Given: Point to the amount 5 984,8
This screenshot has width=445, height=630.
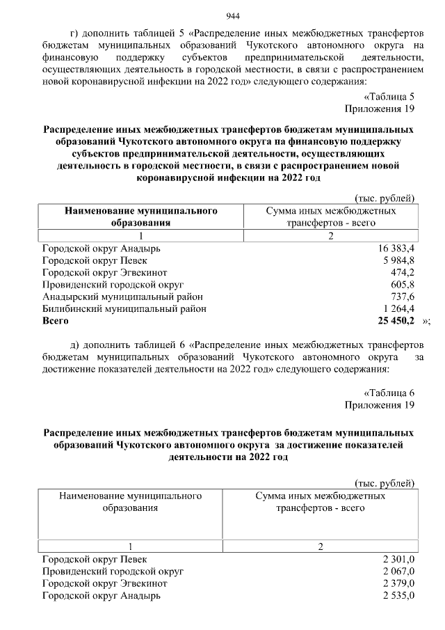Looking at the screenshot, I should pos(398,261).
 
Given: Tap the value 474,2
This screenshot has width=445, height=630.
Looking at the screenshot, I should pos(403,273).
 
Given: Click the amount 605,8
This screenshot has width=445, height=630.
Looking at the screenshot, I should pos(403,285).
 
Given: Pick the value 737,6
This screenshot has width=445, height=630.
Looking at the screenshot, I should pos(403,297).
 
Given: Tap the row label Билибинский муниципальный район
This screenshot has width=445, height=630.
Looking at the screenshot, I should pos(124,308).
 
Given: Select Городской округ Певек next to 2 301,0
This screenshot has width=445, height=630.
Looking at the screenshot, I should pos(95,559).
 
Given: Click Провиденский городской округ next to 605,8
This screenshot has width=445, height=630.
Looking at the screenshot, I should pos(113,285).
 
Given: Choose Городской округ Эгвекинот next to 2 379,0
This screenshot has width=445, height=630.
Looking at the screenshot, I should pos(104,583).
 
